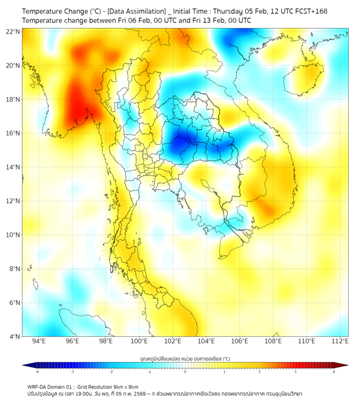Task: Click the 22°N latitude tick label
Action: [13, 31]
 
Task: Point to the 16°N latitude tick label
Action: [13, 133]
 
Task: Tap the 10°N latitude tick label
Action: [13, 235]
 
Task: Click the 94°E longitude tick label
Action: [39, 341]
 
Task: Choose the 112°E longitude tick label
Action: [340, 341]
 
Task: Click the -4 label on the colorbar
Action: [37, 372]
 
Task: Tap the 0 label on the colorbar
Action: [185, 372]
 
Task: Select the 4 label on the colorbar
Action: [334, 372]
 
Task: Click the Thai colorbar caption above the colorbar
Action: [185, 359]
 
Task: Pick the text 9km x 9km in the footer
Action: [126, 386]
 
